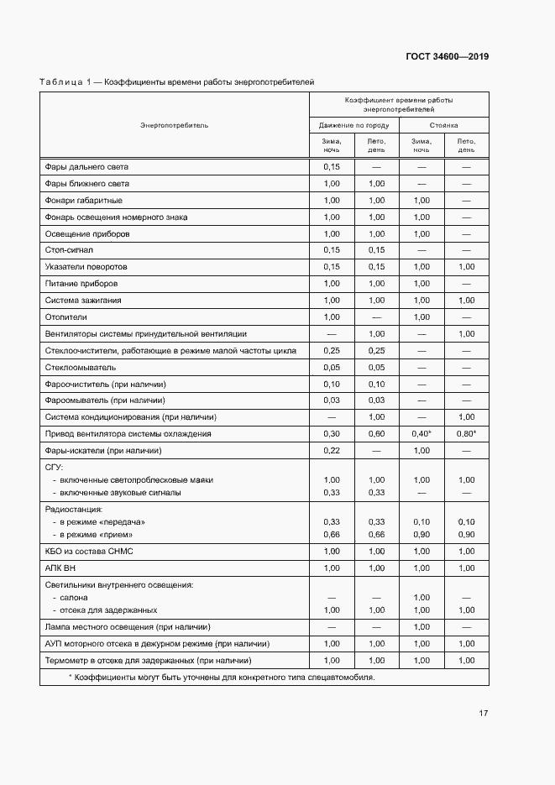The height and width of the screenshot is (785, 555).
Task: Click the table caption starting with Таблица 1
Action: pyautogui.click(x=176, y=82)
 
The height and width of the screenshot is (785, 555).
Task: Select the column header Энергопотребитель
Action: pyautogui.click(x=174, y=125)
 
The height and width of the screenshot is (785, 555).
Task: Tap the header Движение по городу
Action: pyautogui.click(x=353, y=125)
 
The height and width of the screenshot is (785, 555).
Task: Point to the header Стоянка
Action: pyautogui.click(x=443, y=125)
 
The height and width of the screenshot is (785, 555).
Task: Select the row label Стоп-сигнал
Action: pyautogui.click(x=69, y=250)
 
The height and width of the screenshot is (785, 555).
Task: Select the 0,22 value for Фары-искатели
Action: pyautogui.click(x=331, y=451)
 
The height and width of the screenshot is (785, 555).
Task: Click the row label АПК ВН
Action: pyautogui.click(x=60, y=568)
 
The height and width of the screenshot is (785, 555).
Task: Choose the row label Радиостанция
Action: pyautogui.click(x=73, y=509)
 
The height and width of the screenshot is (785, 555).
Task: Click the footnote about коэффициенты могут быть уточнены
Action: pyautogui.click(x=221, y=677)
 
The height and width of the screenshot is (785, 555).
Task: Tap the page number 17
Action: pyautogui.click(x=483, y=714)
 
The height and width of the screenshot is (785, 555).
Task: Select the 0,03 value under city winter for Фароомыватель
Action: pyautogui.click(x=331, y=400)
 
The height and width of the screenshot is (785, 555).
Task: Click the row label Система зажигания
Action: pyautogui.click(x=83, y=301)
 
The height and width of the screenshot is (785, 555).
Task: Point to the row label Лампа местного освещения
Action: pyautogui.click(x=127, y=627)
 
